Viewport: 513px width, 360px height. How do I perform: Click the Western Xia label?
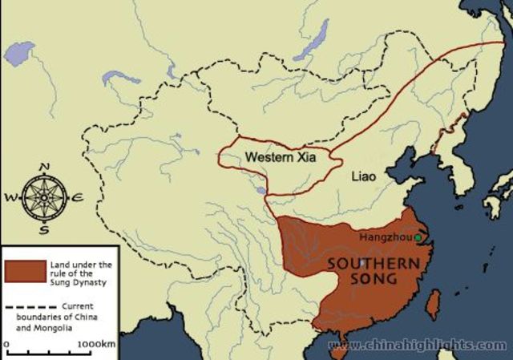click(x=281, y=157)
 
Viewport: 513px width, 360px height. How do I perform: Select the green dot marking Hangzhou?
click(x=418, y=237)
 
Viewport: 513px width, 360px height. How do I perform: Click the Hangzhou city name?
click(x=386, y=237)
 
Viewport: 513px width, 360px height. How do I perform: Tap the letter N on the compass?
click(x=45, y=167)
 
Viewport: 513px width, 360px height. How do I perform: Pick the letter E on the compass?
click(x=78, y=197)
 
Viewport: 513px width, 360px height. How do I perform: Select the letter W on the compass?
click(x=10, y=197)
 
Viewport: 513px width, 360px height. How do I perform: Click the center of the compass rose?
click(x=45, y=197)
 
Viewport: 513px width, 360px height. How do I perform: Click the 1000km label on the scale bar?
click(x=96, y=345)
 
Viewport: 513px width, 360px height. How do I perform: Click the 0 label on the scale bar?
click(x=6, y=345)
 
